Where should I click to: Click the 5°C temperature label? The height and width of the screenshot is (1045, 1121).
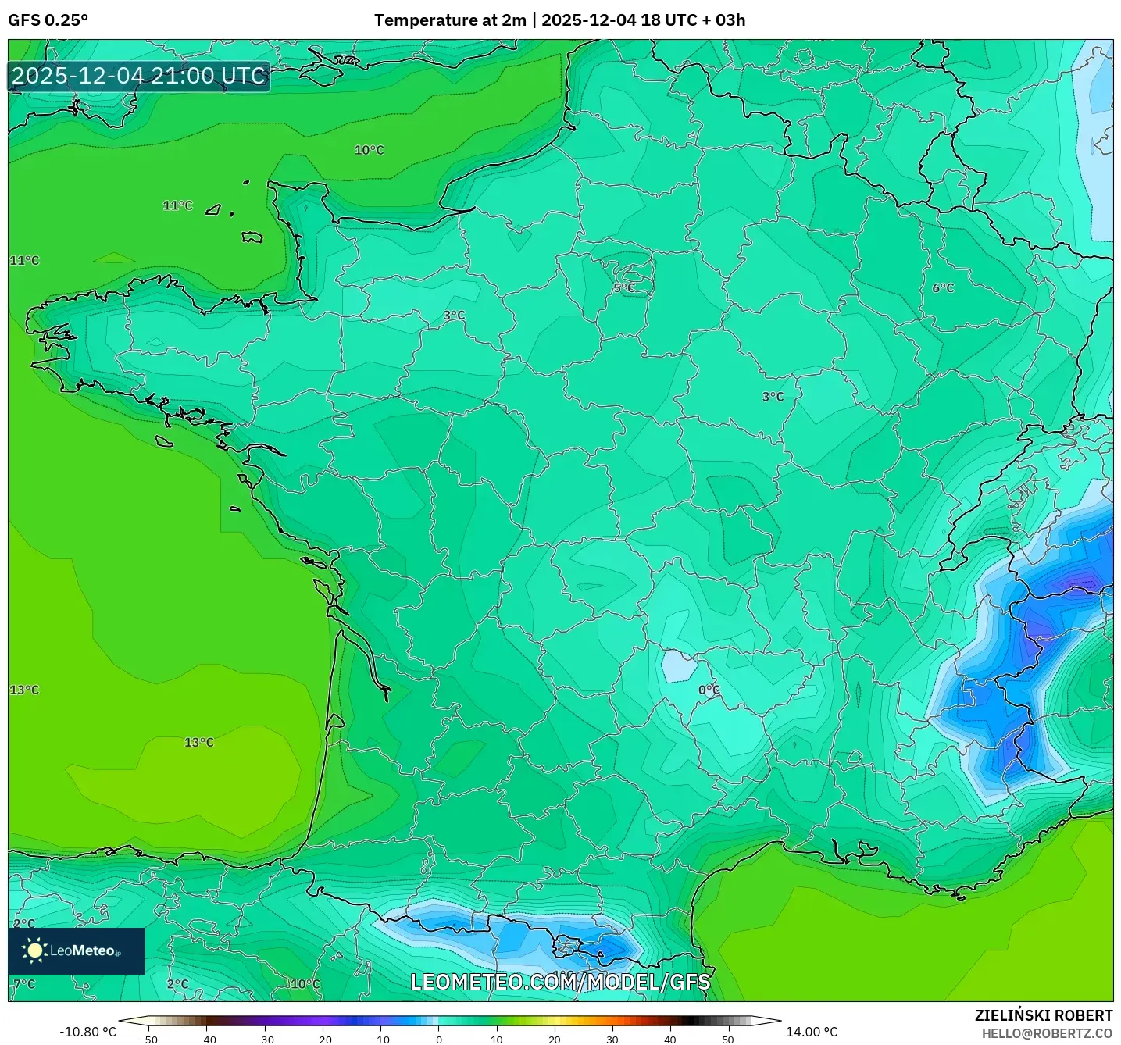(x=624, y=288)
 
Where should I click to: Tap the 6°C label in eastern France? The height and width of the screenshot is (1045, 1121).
(x=943, y=288)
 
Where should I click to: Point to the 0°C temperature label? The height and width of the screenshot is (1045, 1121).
(x=709, y=690)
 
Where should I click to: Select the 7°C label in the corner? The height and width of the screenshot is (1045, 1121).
(x=24, y=984)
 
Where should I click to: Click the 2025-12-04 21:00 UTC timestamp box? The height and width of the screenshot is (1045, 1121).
(x=139, y=77)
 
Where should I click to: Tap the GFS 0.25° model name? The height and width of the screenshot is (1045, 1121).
(x=48, y=20)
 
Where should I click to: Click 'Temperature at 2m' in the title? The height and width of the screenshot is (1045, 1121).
(x=450, y=20)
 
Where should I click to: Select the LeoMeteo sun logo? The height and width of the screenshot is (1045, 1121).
(x=35, y=950)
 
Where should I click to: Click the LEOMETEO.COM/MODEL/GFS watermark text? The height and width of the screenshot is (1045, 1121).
(x=560, y=982)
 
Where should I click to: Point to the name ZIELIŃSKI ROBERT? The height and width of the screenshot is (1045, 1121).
(x=1043, y=1015)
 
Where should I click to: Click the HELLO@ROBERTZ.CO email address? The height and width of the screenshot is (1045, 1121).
(x=1047, y=1033)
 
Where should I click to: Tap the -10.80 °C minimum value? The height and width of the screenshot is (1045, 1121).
(x=87, y=1032)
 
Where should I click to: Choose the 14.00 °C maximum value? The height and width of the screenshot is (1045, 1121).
(x=812, y=1032)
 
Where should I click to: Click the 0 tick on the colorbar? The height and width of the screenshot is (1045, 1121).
(x=439, y=1040)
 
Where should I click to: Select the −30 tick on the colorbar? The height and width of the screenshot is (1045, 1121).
(x=264, y=1040)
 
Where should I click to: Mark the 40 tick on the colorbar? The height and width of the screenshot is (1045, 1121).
(x=670, y=1040)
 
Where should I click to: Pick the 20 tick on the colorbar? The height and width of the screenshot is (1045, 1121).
(x=555, y=1040)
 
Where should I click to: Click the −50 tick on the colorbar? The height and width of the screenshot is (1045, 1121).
(x=148, y=1040)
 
